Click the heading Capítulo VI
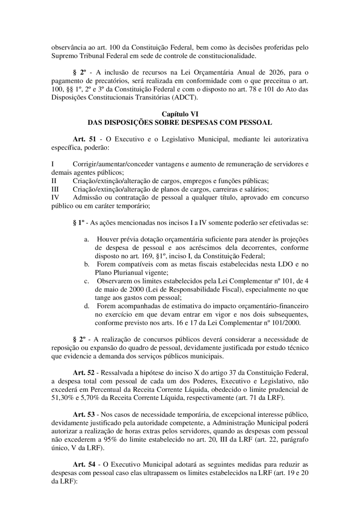(x=180, y=114)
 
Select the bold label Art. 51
(x=84, y=139)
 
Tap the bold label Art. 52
(x=84, y=373)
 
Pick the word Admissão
(x=87, y=198)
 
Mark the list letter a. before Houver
(x=86, y=239)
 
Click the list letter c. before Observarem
(x=86, y=281)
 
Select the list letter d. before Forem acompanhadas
(x=86, y=306)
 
